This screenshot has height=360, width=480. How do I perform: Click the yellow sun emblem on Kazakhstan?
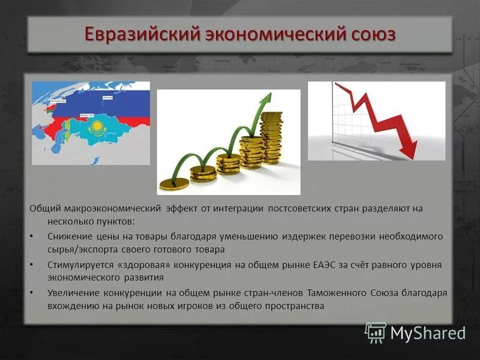click(x=95, y=127)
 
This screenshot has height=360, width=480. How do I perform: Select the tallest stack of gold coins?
click(x=272, y=137)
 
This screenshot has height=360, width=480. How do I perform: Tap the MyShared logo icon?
click(x=376, y=332)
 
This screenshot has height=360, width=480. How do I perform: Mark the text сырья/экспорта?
click(x=79, y=249)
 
